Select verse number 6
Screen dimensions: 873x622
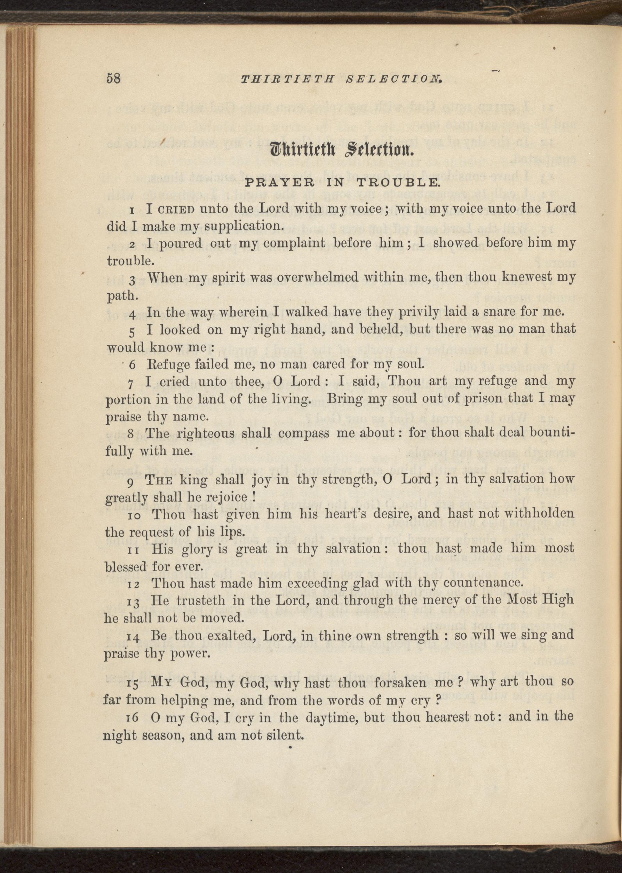132,365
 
